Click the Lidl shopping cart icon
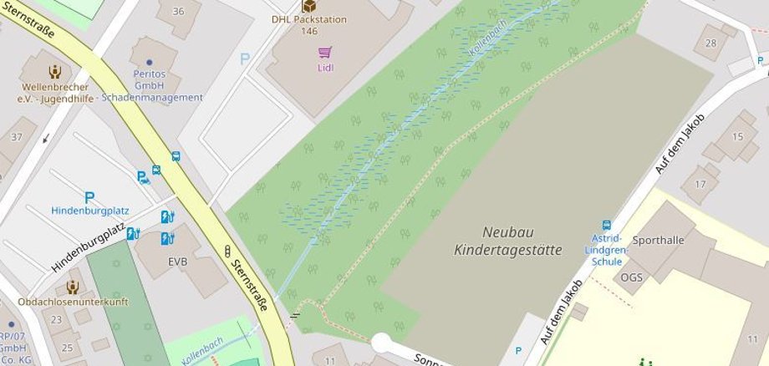click(325, 53)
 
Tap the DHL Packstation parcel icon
click(308, 6)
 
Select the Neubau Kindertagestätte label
click(508, 240)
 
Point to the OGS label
click(631, 277)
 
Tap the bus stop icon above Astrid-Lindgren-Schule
click(607, 225)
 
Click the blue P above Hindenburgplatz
click(89, 197)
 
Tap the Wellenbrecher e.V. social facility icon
click(55, 72)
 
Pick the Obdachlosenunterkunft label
click(74, 302)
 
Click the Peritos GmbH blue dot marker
click(150, 62)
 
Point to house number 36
click(177, 11)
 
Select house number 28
click(711, 43)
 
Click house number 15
click(737, 137)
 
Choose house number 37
click(16, 136)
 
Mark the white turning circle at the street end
click(381, 343)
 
